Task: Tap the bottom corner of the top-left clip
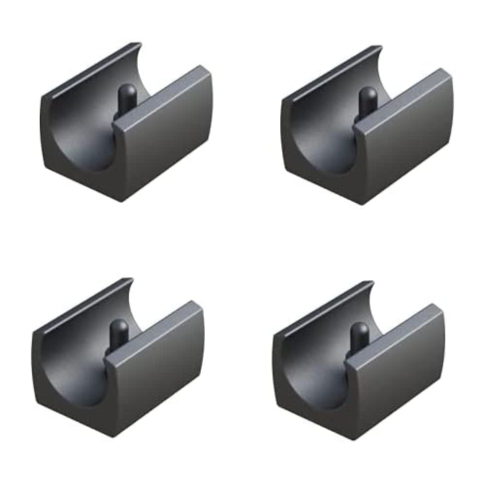[122, 199]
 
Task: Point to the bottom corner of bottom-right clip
[353, 436]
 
